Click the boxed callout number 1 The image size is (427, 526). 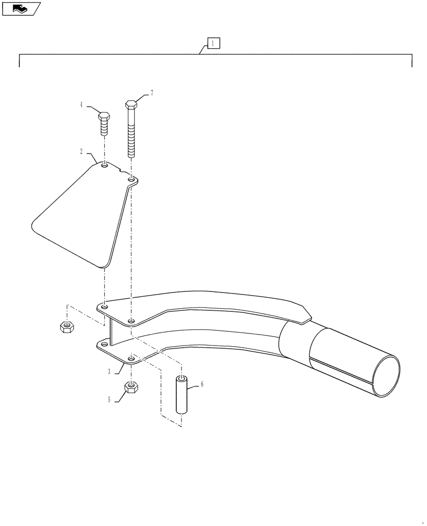click(x=213, y=43)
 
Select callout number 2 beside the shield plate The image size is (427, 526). click(x=82, y=151)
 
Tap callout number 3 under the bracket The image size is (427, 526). click(x=109, y=371)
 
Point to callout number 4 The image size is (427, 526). click(x=82, y=105)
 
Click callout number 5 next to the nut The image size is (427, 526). click(x=109, y=400)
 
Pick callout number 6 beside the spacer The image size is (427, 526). click(x=202, y=385)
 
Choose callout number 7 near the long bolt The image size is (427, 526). click(x=151, y=93)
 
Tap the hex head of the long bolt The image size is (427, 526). click(x=131, y=104)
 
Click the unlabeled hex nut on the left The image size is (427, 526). click(x=66, y=327)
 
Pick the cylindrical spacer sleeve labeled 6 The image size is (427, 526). click(x=182, y=395)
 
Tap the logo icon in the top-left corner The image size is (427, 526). click(x=21, y=8)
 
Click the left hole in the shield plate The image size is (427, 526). click(x=105, y=166)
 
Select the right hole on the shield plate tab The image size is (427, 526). click(x=131, y=180)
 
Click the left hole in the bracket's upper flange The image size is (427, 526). click(x=105, y=306)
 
